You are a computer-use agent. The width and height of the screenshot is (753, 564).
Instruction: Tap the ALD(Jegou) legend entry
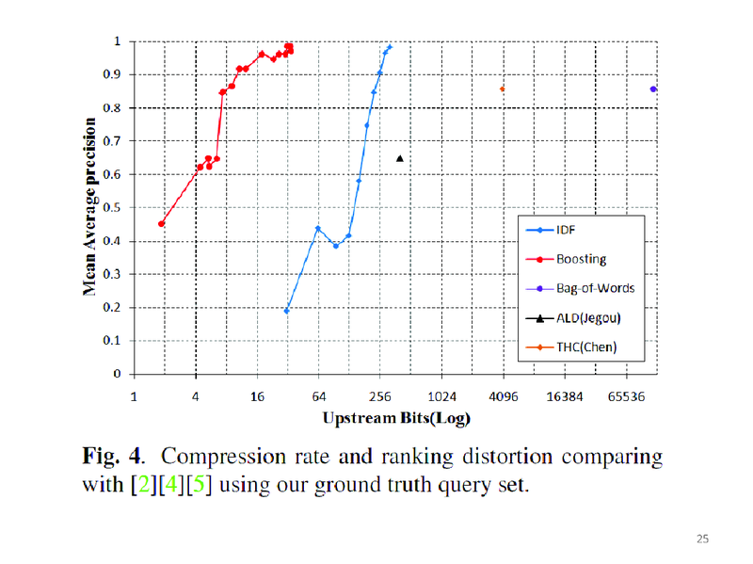pyautogui.click(x=587, y=317)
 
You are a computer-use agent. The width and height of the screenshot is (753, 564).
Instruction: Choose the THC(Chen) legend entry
pyautogui.click(x=585, y=346)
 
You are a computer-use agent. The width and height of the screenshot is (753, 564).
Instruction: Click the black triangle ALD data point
pyautogui.click(x=399, y=158)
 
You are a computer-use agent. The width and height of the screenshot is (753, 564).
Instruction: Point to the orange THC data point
pyautogui.click(x=503, y=89)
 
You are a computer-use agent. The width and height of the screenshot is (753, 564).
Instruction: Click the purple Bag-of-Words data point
pyautogui.click(x=652, y=89)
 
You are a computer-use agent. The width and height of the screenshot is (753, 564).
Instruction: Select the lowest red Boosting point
pyautogui.click(x=162, y=224)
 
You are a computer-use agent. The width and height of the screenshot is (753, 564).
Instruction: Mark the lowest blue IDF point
pyautogui.click(x=286, y=311)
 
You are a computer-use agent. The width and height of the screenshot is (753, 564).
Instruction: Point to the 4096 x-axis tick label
pyautogui.click(x=504, y=396)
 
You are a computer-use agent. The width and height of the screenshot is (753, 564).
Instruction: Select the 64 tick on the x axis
pyautogui.click(x=318, y=396)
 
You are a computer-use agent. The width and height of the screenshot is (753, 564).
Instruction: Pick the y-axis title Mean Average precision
pyautogui.click(x=90, y=206)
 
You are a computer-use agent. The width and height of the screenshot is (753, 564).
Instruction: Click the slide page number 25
pyautogui.click(x=702, y=539)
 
